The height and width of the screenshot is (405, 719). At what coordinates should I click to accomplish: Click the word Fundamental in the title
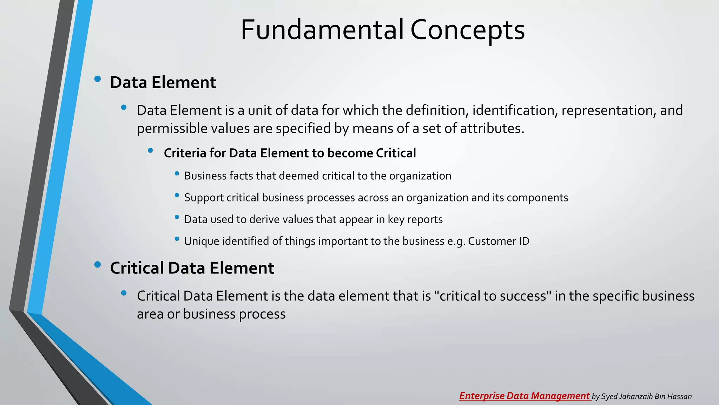coord(322,30)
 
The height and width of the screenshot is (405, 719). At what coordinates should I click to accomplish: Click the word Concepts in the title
coord(467,30)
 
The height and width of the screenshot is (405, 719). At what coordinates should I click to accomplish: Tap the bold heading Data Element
coord(163,83)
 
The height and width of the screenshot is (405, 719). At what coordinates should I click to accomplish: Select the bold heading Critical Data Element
coord(192,268)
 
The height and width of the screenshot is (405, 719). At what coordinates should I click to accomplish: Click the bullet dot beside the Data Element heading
coord(98,79)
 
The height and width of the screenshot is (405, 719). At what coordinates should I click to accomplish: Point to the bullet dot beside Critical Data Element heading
coord(98,264)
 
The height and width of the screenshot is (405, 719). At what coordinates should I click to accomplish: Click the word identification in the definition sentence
coord(515,110)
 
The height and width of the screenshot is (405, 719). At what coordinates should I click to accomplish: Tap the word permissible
coord(172,129)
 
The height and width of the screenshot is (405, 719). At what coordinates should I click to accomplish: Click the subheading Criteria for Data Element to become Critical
coord(290,153)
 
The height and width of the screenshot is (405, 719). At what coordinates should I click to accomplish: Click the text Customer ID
coord(499,241)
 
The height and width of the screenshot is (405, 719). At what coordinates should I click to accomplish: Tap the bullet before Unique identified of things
coord(177,239)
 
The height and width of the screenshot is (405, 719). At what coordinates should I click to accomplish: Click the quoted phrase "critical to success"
coord(493,296)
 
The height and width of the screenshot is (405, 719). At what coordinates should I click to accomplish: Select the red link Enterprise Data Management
coord(525,396)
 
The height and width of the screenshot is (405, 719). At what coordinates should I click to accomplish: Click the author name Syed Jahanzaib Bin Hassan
coord(646,397)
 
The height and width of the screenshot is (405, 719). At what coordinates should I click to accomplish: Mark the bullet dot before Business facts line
coord(177,174)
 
